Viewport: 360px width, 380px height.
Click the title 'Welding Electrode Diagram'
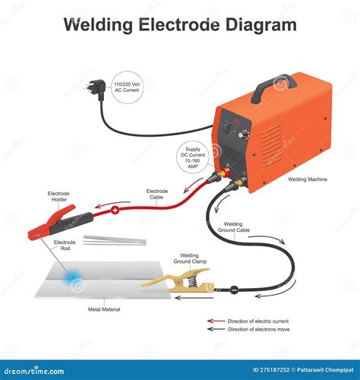tap(180, 24)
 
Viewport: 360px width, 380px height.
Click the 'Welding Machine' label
tap(308, 180)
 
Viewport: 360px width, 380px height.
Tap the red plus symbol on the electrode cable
tap(115, 209)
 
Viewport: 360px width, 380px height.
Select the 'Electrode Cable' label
tap(157, 194)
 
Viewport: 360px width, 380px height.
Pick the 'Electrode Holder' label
tap(59, 197)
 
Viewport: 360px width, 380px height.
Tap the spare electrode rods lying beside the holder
tap(114, 241)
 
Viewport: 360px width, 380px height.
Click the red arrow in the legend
tap(216, 321)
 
